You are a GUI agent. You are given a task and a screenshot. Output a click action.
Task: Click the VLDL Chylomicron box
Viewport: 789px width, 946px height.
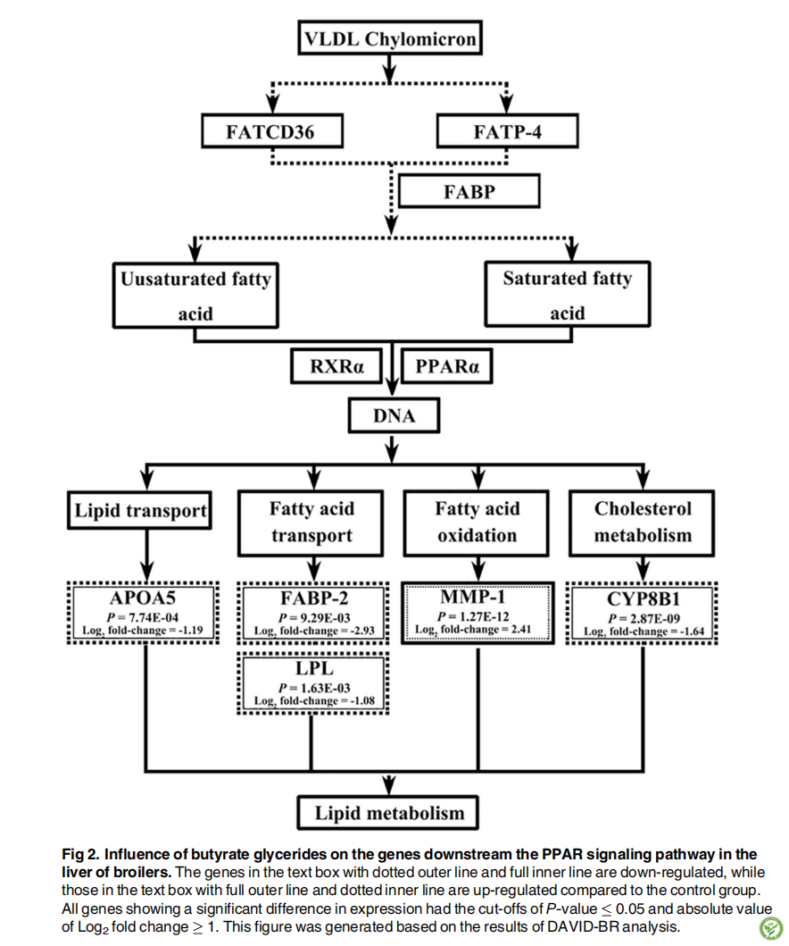(390, 38)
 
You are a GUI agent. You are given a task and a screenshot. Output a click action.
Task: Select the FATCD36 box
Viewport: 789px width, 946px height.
(272, 131)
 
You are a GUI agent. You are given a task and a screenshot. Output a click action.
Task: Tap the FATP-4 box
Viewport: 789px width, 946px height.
(507, 131)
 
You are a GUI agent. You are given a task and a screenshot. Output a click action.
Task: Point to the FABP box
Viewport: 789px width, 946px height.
(469, 191)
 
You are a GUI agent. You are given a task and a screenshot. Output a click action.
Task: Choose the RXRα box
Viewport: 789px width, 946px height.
(336, 366)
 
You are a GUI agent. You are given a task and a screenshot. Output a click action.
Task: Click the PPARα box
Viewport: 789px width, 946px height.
(446, 366)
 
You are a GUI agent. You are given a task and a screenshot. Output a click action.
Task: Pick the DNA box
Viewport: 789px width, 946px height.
(394, 415)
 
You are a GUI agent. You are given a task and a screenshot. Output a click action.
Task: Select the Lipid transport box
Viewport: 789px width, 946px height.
(139, 510)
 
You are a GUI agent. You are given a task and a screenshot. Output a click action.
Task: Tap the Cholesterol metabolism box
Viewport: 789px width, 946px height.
(642, 523)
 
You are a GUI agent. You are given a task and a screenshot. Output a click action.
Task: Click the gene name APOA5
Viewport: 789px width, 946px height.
(143, 598)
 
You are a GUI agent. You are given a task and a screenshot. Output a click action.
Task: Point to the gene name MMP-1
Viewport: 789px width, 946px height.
(472, 597)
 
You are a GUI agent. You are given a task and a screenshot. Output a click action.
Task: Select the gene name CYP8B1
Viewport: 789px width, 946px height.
(644, 599)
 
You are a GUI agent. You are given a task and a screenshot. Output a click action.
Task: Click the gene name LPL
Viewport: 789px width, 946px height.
(314, 668)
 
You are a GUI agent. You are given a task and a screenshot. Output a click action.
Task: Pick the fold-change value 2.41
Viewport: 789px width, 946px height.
(520, 629)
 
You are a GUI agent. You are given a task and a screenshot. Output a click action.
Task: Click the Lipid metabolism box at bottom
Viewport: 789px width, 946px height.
(388, 813)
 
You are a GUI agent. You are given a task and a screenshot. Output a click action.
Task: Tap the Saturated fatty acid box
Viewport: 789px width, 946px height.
(567, 295)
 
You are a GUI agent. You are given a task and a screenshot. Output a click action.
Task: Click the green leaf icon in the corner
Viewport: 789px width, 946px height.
(769, 927)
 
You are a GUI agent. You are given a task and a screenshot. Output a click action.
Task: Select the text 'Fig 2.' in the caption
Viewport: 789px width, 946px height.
(80, 854)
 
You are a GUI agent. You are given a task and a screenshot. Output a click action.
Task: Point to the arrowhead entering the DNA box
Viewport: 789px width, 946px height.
(393, 391)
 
